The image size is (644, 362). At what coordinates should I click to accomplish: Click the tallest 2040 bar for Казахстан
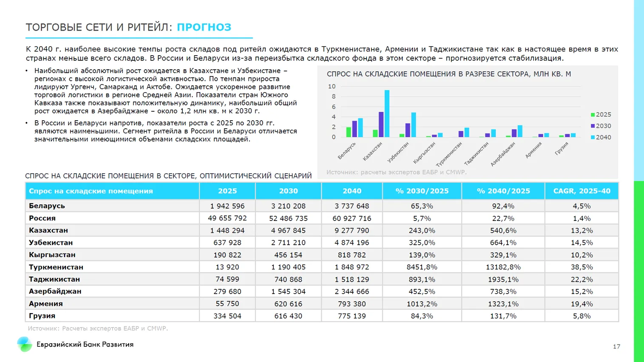[387, 113]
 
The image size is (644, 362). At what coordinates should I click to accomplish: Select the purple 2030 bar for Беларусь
[355, 129]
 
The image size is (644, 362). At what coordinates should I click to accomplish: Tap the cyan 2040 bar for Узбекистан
[414, 125]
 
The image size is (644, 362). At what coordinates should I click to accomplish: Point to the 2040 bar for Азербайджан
[520, 131]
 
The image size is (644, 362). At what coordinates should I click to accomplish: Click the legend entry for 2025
[601, 115]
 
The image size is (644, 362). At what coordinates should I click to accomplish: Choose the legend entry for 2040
[601, 137]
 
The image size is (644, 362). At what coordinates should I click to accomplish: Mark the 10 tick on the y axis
[332, 86]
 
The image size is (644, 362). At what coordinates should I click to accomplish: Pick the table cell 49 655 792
[227, 218]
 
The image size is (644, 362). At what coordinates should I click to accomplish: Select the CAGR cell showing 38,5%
[582, 267]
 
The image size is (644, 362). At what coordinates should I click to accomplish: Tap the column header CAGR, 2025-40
[582, 191]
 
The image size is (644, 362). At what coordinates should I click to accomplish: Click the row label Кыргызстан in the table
[52, 255]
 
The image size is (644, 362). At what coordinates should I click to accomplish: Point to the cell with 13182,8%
[503, 267]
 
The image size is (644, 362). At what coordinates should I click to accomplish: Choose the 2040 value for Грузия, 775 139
[352, 316]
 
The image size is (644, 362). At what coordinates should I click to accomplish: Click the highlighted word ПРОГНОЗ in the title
[204, 27]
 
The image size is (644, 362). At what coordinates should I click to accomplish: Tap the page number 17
[616, 347]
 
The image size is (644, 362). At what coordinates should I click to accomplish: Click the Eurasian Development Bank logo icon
[24, 344]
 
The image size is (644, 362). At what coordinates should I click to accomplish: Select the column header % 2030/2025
[422, 191]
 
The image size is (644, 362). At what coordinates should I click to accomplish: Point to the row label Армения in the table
[46, 304]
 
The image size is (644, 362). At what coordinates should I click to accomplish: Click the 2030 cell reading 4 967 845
[288, 231]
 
